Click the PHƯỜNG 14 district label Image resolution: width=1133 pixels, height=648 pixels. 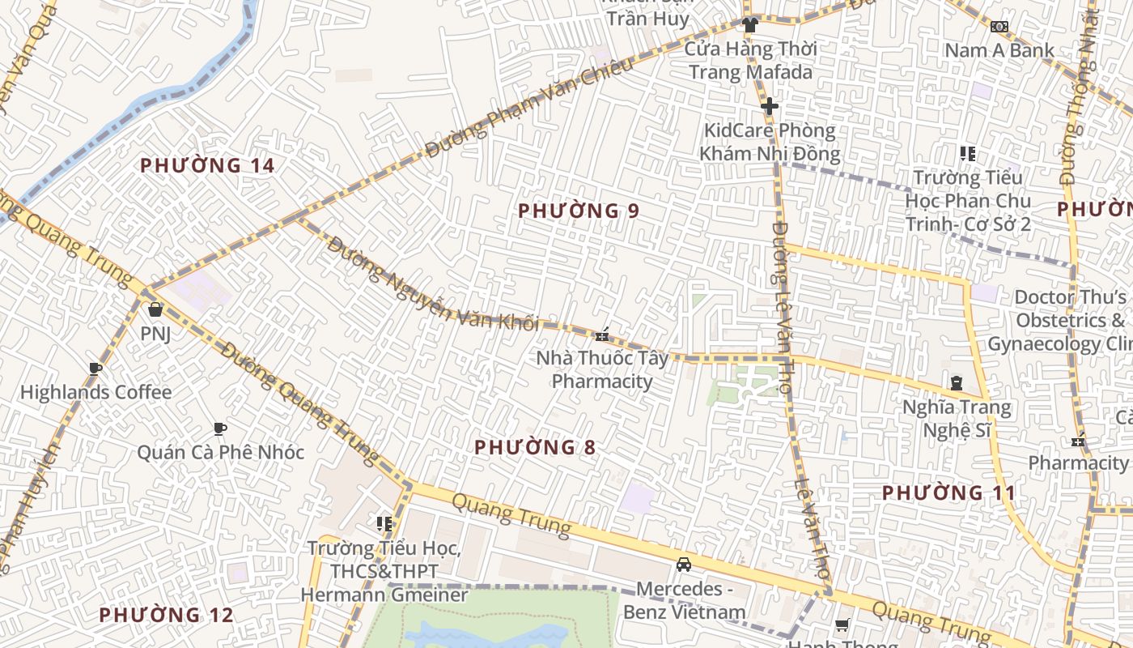coord(207,166)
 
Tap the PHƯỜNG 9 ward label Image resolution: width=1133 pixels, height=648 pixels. coord(579,211)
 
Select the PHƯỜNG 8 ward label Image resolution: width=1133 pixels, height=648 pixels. coord(535,447)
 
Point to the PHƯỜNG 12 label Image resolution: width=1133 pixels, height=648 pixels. coord(166,616)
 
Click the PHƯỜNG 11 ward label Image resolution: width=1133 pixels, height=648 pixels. coord(948,492)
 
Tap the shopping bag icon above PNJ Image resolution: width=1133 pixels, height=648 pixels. coord(155,309)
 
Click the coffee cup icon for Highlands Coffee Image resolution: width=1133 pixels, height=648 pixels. coord(95,369)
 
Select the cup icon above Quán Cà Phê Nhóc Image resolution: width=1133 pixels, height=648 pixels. coord(219,428)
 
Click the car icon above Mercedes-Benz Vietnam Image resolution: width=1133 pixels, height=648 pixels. coord(684,565)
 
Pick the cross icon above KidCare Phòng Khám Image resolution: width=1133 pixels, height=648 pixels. coord(769,106)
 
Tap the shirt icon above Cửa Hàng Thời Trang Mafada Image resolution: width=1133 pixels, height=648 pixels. coord(750,25)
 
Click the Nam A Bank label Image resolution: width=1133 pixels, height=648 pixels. coord(999,50)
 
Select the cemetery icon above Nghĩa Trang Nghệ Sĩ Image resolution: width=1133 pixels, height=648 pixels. coord(957,383)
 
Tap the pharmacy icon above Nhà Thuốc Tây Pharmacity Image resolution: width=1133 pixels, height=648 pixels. coord(601,335)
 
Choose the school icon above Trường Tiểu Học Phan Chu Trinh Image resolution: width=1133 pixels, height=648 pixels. coord(967,153)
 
